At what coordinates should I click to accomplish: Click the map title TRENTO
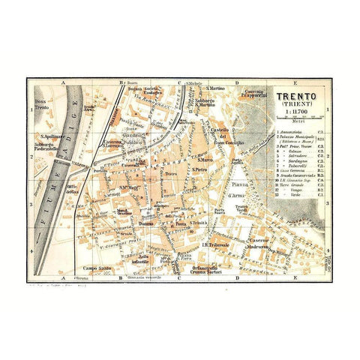point(297,97)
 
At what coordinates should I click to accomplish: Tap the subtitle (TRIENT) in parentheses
point(297,106)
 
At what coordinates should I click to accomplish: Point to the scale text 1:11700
point(297,114)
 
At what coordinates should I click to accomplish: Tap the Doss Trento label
point(42,104)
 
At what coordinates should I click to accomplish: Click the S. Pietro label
point(198,169)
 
